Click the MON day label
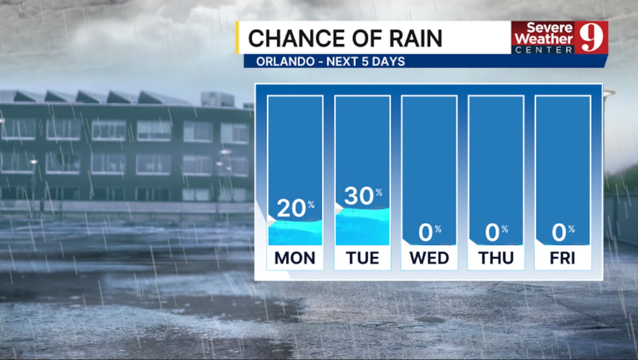(x=295, y=258)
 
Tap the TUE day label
(x=362, y=258)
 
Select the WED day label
(x=429, y=258)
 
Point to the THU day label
(x=496, y=258)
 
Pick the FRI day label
(x=563, y=258)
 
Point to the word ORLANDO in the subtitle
(x=285, y=62)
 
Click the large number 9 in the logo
(x=591, y=37)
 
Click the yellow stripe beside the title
(x=237, y=38)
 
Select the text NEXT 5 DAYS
(x=366, y=62)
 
